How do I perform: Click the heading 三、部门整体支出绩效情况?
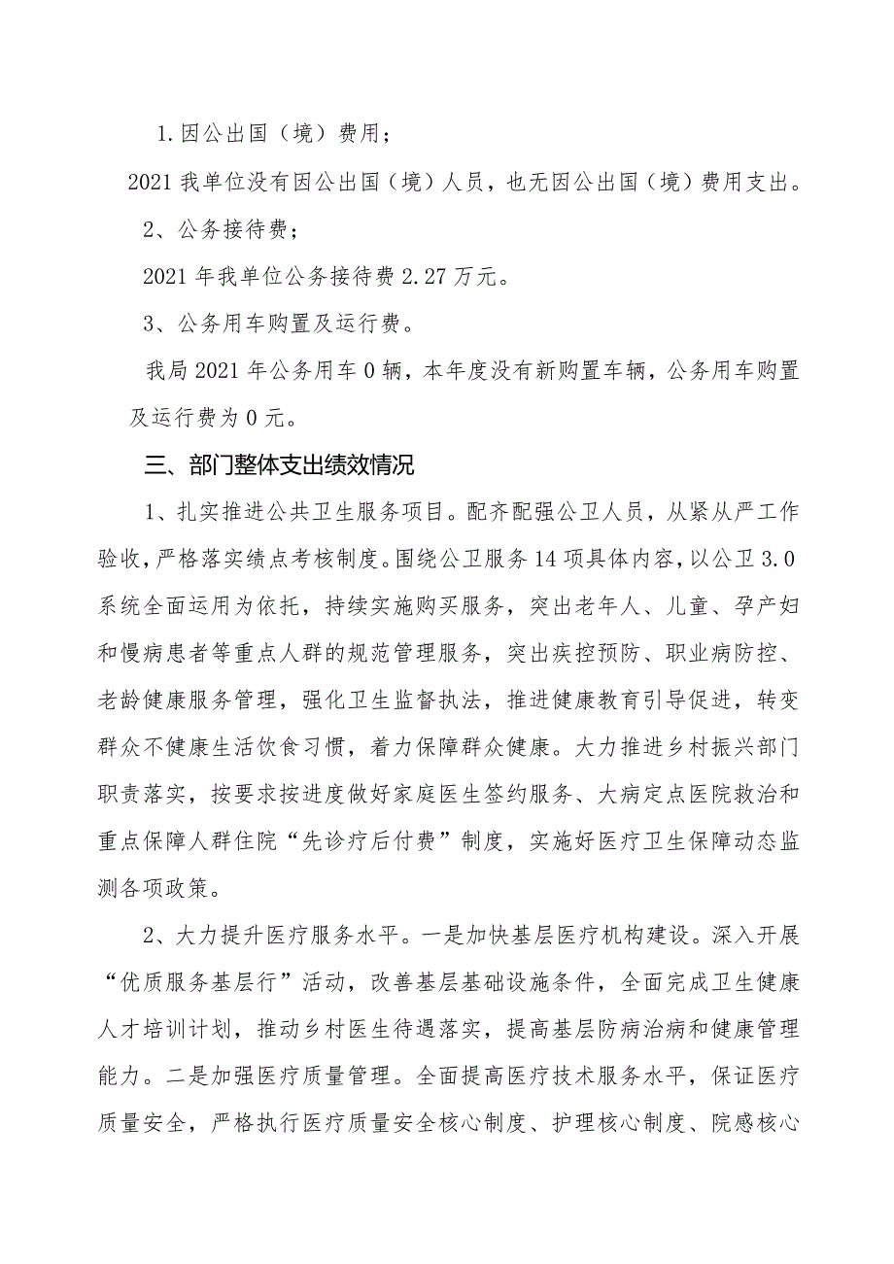click(280, 465)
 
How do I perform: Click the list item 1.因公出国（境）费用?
click(275, 134)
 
